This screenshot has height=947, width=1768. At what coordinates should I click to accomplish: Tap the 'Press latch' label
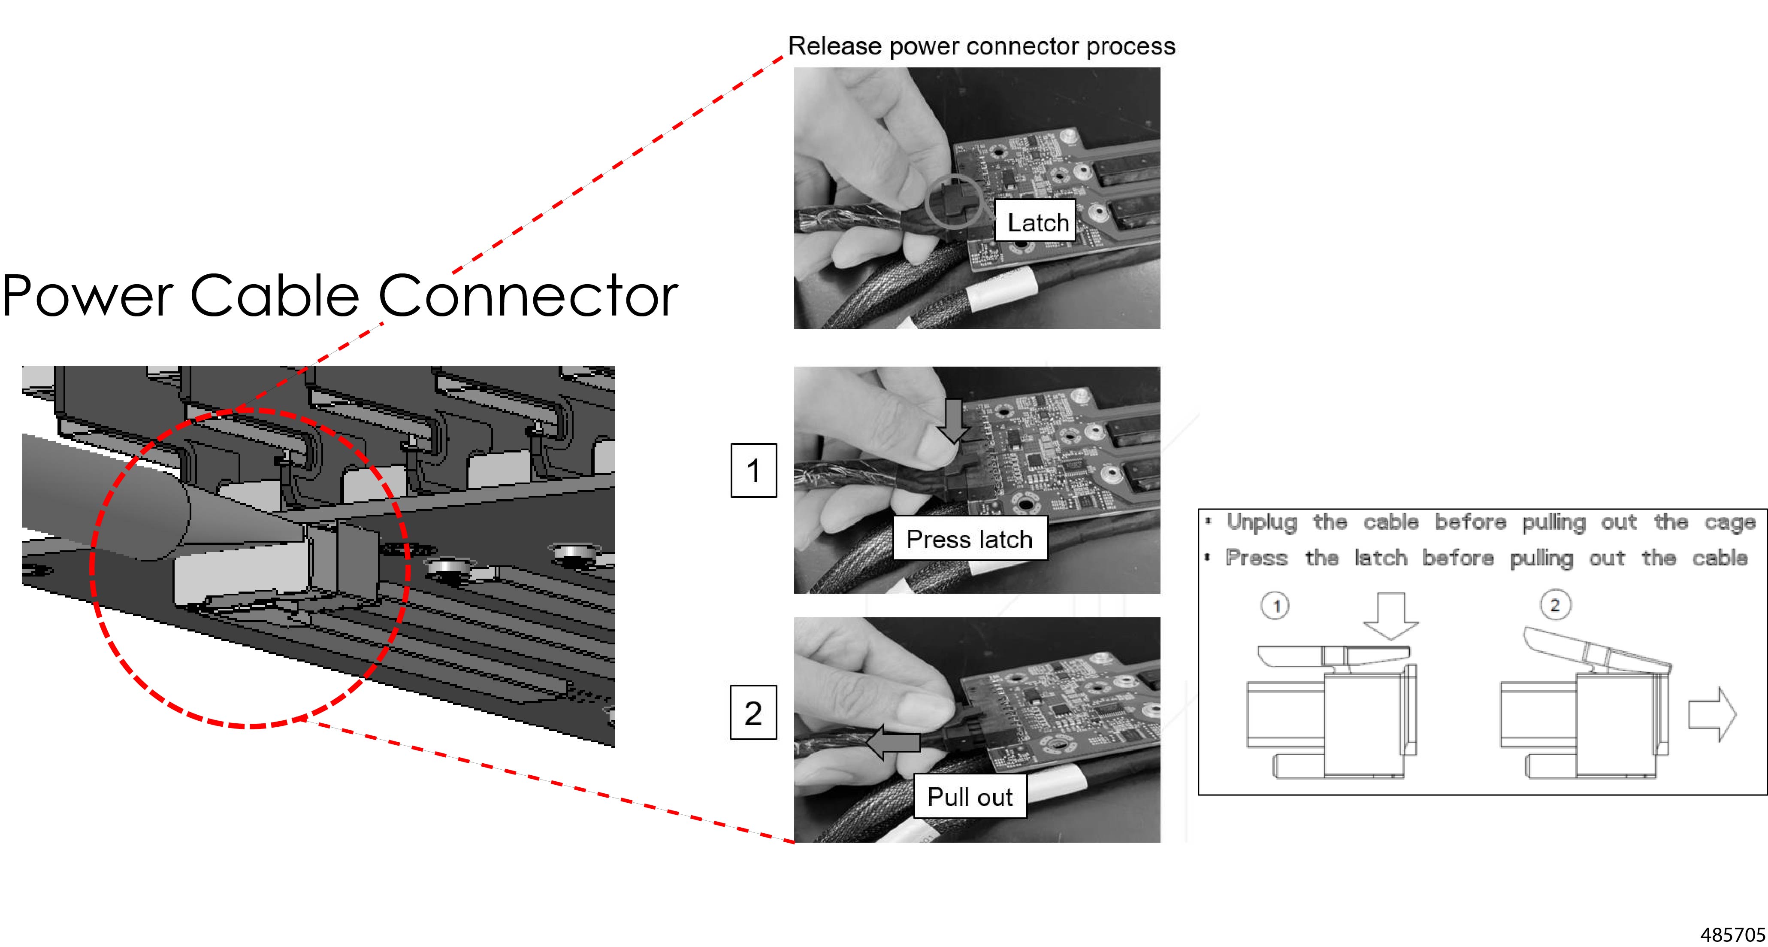tap(969, 539)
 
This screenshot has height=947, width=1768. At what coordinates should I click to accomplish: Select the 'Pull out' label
tap(969, 797)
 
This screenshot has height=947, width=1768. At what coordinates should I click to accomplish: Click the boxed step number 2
tap(753, 713)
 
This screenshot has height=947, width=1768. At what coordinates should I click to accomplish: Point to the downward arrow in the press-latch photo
tap(953, 419)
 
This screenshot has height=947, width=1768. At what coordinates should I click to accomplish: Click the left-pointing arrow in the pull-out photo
tap(892, 742)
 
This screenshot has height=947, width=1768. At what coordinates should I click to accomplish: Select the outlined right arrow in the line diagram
tap(1712, 714)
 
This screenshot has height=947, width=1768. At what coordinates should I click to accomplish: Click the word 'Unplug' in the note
tap(1261, 522)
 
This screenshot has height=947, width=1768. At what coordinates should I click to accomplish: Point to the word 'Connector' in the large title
tap(528, 295)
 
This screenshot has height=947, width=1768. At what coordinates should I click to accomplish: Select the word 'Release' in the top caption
tap(834, 46)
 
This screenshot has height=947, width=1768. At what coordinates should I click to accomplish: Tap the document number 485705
tap(1732, 934)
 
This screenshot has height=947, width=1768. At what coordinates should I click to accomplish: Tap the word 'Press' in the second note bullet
tap(1256, 558)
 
